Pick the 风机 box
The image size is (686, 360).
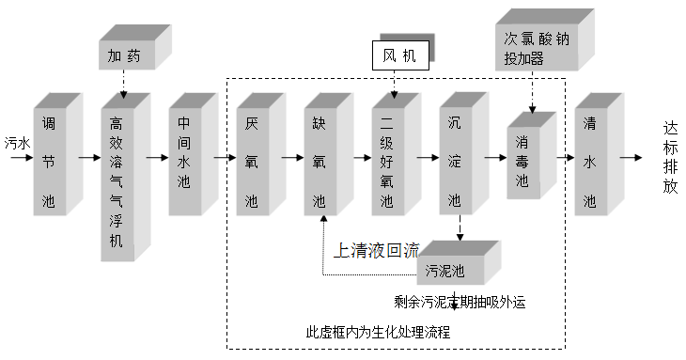point(399,55)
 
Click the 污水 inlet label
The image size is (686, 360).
point(16,144)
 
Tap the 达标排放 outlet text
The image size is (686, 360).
point(669,157)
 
